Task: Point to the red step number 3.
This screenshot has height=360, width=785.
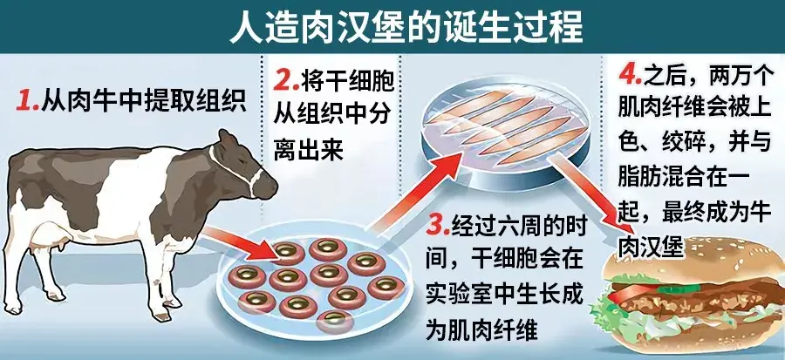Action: (437, 226)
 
